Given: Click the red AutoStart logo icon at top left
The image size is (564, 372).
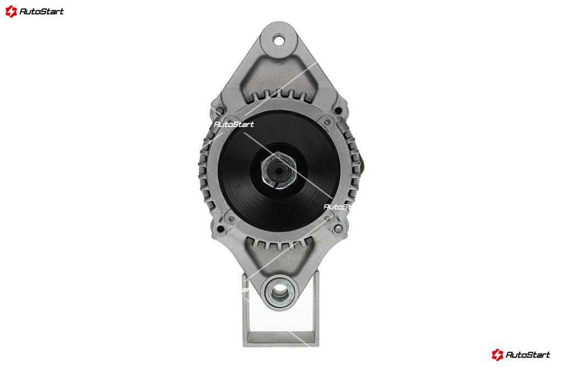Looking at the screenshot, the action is point(11,12).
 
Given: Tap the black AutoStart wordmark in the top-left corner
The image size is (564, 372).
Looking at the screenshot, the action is point(41,12).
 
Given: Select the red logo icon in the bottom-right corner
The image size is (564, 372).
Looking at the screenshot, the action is point(497,355).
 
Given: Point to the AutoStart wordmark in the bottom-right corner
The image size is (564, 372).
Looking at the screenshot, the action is point(528,355).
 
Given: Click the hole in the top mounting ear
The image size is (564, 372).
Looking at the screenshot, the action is point(278,40).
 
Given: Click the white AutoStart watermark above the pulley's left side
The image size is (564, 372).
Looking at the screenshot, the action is point(234,124).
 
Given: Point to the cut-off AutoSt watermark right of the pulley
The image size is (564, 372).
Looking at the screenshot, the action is point(337,207).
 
